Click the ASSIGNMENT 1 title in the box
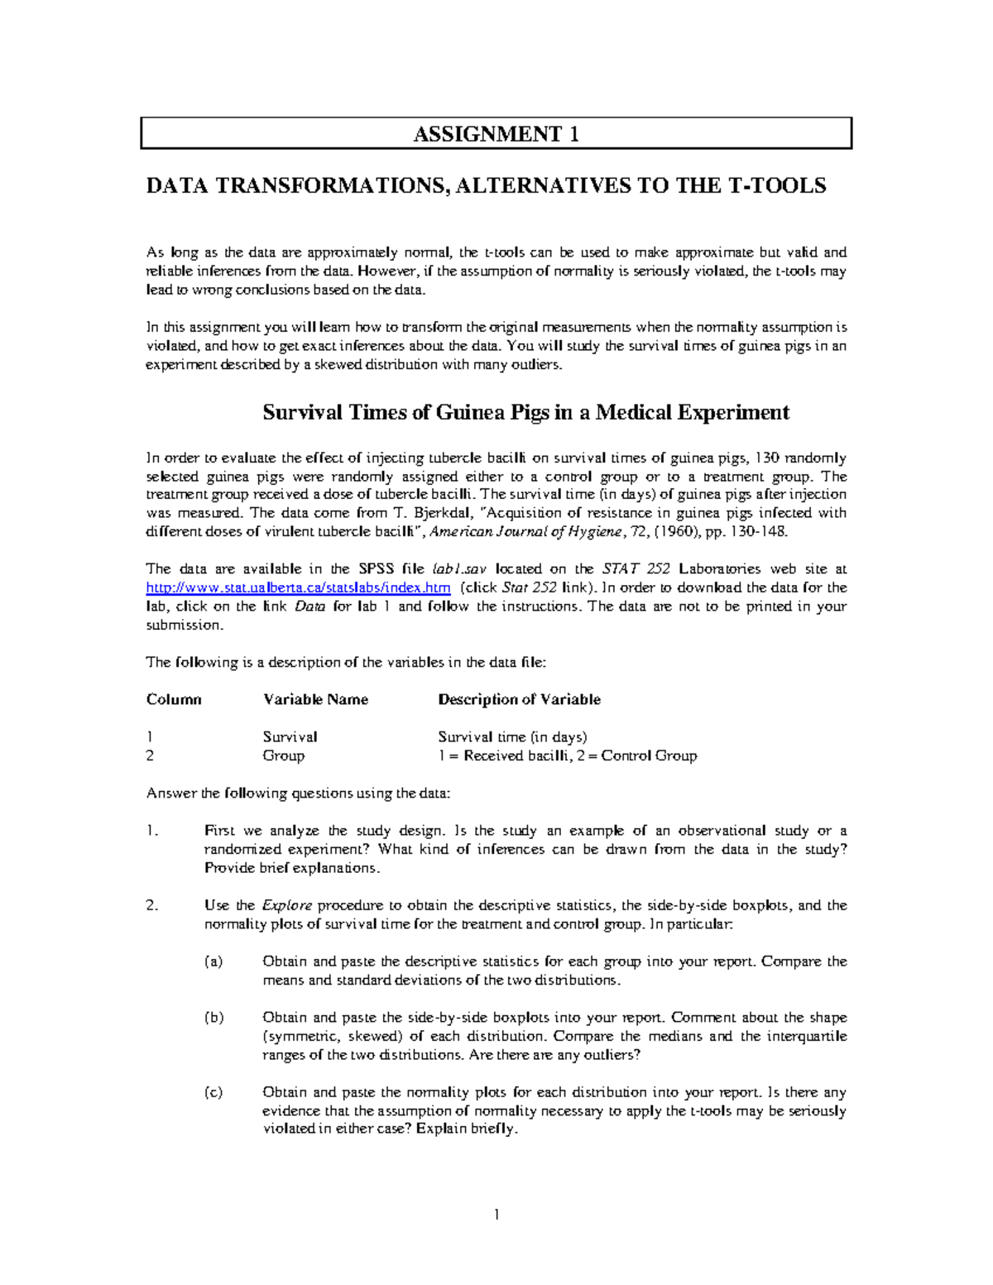tap(496, 134)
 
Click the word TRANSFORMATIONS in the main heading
tap(333, 185)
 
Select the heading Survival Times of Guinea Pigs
tap(525, 412)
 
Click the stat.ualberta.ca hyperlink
tap(298, 587)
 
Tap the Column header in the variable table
tap(174, 699)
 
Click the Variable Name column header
tap(315, 699)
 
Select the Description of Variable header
tap(519, 699)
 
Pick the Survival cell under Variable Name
tap(290, 736)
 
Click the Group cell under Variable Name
tap(283, 755)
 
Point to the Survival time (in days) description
tap(512, 736)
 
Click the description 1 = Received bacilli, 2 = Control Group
tap(567, 755)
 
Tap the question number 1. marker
tap(151, 831)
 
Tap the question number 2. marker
tap(151, 905)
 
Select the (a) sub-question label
tap(213, 961)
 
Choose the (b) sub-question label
tap(213, 1018)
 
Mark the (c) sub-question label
tap(213, 1092)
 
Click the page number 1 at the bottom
tap(496, 1215)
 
